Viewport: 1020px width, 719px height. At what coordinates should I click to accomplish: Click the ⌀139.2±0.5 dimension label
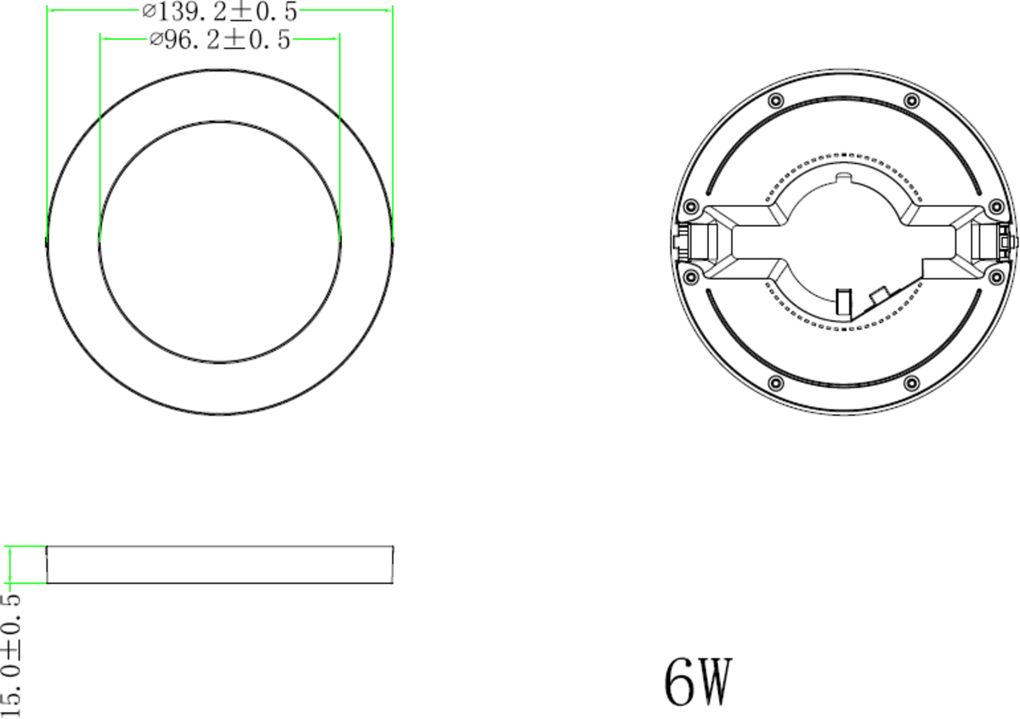pos(219,11)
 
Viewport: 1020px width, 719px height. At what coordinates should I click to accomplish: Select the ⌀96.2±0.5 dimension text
pos(219,39)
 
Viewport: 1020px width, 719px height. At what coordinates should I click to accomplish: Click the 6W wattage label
pos(697,682)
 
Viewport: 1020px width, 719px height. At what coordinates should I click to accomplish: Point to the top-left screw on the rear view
pos(774,101)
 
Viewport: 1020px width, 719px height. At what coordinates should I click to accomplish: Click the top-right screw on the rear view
pos(910,101)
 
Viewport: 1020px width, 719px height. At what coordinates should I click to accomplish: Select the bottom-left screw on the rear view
pos(774,382)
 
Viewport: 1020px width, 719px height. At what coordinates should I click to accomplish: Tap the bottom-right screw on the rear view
pos(910,382)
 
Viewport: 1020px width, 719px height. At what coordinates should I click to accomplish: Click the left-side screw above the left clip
pos(691,207)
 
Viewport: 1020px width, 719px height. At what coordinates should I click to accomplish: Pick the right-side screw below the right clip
pos(996,277)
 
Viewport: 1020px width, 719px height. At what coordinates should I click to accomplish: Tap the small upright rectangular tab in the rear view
pos(843,303)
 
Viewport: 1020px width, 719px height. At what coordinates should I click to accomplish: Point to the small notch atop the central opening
pos(842,178)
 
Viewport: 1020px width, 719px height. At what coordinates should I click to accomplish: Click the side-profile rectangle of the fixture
pos(219,565)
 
